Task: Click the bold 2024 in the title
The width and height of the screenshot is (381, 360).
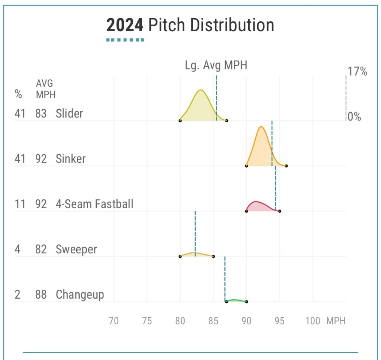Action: click(x=124, y=25)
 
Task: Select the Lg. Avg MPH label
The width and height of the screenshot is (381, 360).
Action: click(x=216, y=65)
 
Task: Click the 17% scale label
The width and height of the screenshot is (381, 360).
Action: click(x=357, y=71)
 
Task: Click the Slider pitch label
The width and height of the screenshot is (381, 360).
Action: click(x=69, y=113)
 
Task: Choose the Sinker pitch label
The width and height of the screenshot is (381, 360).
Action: click(x=71, y=159)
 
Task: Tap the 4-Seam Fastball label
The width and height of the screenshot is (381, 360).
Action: click(x=95, y=204)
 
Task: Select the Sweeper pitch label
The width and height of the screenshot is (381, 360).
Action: click(x=76, y=249)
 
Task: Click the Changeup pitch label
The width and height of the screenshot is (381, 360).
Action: click(x=80, y=295)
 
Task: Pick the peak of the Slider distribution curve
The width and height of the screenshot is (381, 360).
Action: click(x=201, y=90)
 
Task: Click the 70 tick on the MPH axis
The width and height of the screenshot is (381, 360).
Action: click(x=114, y=321)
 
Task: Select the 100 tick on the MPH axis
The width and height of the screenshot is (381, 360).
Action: click(x=313, y=321)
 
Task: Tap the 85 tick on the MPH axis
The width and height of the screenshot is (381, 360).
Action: click(x=213, y=321)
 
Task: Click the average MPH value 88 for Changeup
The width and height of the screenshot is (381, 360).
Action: click(x=41, y=295)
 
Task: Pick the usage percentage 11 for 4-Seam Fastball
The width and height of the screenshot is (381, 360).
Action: click(x=20, y=204)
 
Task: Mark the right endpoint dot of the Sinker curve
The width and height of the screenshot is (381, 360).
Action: click(x=286, y=166)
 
